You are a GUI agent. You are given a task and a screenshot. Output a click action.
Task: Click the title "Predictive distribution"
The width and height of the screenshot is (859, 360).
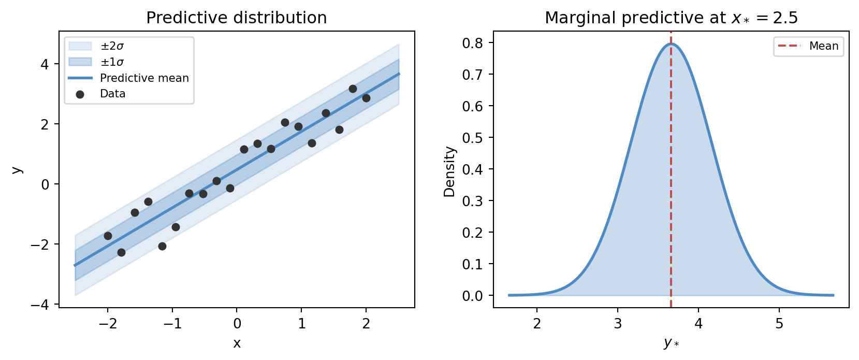236,18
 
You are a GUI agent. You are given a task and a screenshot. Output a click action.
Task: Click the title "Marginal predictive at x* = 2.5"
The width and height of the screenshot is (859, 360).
671,18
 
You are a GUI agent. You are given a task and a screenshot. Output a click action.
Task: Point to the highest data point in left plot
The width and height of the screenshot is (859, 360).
353,89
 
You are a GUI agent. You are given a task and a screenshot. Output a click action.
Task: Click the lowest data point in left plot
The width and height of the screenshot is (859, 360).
121,252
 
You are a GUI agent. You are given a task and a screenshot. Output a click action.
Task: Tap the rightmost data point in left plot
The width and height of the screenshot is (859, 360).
366,98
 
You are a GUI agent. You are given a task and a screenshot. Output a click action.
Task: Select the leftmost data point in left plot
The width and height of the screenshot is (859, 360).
108,236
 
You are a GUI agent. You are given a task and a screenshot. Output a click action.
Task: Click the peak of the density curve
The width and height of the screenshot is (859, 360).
671,44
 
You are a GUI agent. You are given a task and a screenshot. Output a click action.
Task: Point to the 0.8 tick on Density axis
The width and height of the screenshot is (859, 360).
472,43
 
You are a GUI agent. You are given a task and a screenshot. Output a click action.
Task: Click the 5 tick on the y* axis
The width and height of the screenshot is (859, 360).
779,324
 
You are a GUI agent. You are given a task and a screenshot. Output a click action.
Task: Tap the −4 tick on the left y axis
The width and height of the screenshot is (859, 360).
40,305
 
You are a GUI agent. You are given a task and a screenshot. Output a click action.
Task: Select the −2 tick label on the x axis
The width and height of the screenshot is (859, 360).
108,324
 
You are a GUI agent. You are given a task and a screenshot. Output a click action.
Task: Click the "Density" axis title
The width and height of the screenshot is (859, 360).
449,171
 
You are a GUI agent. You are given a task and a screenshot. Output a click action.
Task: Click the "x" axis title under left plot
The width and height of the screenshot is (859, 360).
237,343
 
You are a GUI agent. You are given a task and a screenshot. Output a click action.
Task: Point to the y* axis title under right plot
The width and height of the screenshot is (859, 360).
671,343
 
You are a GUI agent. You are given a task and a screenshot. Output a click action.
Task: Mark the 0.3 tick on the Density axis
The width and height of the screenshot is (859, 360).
472,201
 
